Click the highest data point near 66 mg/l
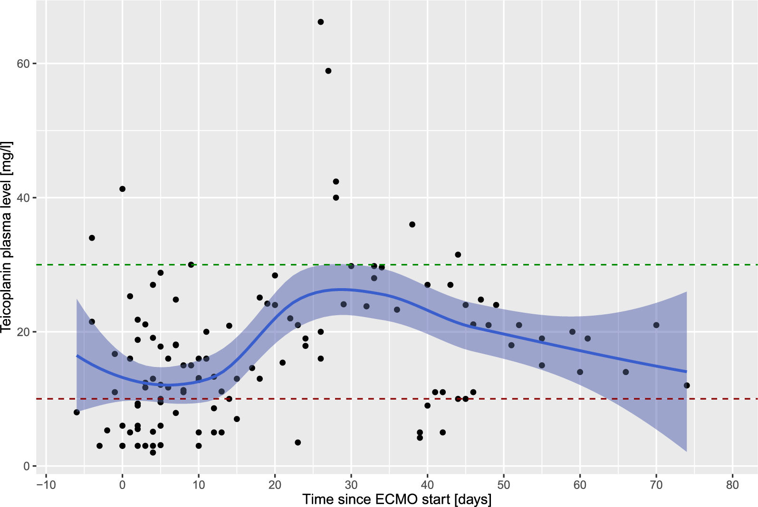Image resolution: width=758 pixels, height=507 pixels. (321, 22)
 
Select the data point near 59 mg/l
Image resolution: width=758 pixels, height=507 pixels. (328, 71)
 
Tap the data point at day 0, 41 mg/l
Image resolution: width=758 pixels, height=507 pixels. (122, 189)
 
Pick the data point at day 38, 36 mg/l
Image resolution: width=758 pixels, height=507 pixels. (412, 225)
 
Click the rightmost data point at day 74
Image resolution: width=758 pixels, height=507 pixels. (687, 385)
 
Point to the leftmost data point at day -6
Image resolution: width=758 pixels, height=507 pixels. (77, 412)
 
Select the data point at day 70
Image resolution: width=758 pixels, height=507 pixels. (656, 325)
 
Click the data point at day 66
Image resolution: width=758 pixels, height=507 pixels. (626, 372)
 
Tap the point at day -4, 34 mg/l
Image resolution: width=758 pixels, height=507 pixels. (92, 238)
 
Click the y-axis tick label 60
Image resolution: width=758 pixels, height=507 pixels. (24, 64)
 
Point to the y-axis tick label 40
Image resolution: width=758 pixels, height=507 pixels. (24, 197)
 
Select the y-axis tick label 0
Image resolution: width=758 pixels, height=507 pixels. (27, 466)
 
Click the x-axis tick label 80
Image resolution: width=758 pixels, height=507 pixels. (733, 485)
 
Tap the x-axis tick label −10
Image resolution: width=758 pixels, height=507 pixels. (46, 485)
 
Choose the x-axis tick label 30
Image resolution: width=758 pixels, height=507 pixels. (351, 485)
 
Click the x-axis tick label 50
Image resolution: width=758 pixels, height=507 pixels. (504, 485)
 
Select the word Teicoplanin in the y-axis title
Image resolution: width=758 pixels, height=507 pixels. (7, 290)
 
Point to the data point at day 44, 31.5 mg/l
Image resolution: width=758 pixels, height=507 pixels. (458, 255)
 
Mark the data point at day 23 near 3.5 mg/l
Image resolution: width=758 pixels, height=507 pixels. (298, 442)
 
